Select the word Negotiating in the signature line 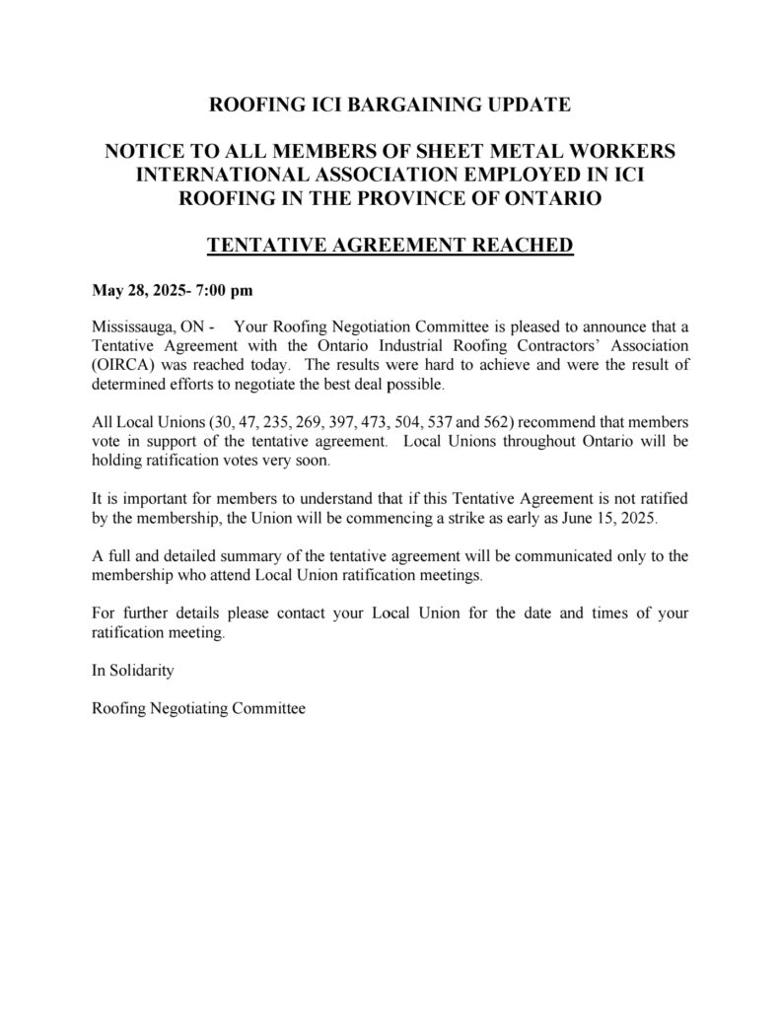tap(194, 707)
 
